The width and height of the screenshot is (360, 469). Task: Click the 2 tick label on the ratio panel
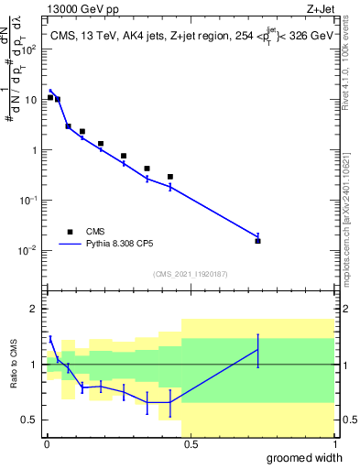point(36,309)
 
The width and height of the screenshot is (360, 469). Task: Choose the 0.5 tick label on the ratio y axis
point(32,420)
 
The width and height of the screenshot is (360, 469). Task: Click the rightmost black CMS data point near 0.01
point(258,241)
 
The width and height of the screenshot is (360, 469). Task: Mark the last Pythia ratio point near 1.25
point(258,350)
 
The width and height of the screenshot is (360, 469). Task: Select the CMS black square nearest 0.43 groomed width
point(170,177)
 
